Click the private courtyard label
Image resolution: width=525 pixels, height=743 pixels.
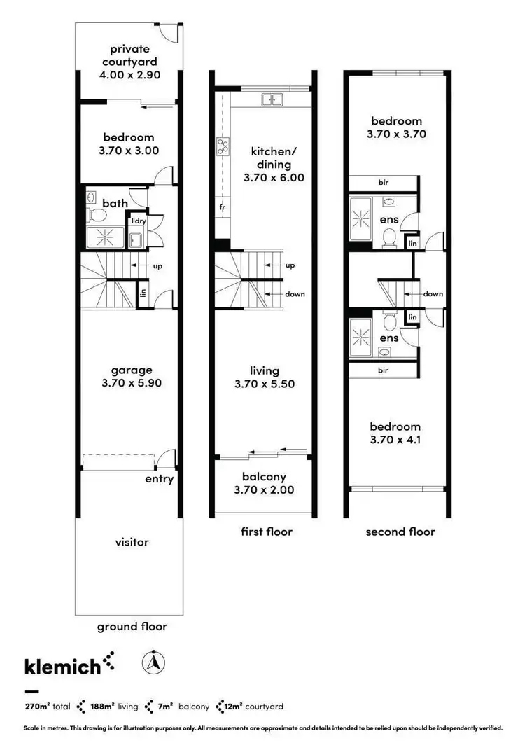point(129,60)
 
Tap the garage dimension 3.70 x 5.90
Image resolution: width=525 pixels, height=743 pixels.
point(131,384)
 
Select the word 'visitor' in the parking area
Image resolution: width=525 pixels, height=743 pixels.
point(132,541)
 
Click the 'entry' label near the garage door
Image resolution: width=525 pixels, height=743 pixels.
point(159,479)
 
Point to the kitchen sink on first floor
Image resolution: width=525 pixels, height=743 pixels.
point(268,100)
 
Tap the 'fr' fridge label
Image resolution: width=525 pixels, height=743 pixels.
point(221,208)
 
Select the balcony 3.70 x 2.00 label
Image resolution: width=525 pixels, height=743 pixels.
point(264,482)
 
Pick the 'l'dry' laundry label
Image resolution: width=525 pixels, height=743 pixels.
point(138,221)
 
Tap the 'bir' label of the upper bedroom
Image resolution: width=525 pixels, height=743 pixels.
point(383,182)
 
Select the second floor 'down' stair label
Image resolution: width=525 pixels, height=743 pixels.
point(433,294)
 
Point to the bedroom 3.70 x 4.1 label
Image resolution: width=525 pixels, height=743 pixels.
point(395,433)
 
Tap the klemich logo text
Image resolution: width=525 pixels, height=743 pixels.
point(62,665)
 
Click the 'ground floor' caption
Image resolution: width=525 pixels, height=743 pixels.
point(132,626)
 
